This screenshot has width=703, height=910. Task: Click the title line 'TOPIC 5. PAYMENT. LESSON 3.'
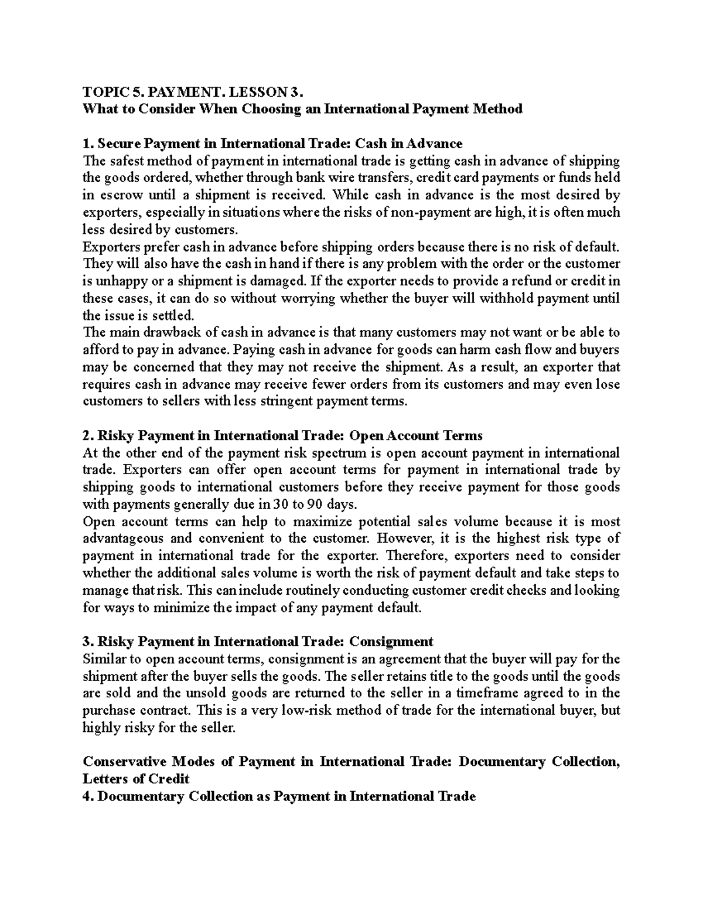tap(194, 92)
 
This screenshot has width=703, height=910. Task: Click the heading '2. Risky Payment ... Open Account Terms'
tap(282, 436)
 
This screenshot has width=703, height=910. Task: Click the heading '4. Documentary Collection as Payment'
tap(279, 796)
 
